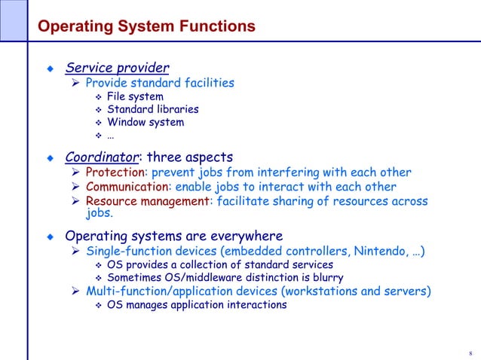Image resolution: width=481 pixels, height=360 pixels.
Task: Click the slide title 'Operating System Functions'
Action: (x=146, y=28)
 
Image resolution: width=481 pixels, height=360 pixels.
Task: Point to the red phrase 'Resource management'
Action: (x=147, y=201)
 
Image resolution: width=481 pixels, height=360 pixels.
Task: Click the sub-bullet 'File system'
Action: (x=135, y=96)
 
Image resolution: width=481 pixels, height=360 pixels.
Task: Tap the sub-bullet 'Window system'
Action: (x=146, y=122)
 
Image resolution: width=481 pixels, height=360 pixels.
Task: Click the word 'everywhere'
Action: (x=246, y=235)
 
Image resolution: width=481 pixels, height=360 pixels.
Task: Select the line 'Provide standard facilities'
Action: (x=159, y=83)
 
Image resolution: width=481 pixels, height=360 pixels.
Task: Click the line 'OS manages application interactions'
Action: (x=197, y=305)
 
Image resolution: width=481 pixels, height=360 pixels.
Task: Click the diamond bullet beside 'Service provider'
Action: (x=51, y=69)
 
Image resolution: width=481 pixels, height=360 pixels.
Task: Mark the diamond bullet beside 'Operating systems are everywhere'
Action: (x=51, y=236)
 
